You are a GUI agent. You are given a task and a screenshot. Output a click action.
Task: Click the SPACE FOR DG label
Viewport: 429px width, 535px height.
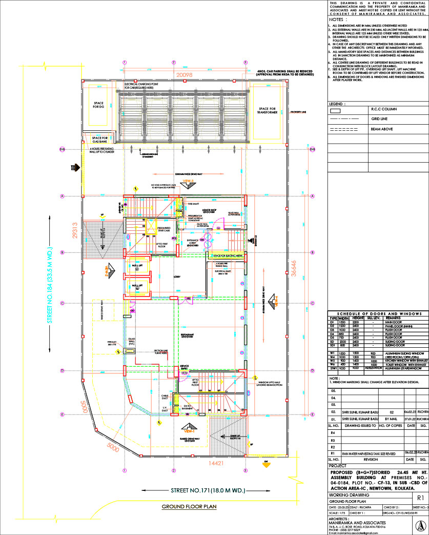99,106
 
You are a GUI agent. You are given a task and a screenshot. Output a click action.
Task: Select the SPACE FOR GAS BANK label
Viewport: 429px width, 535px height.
99,139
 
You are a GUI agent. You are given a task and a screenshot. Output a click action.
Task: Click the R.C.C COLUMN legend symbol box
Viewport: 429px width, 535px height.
337,110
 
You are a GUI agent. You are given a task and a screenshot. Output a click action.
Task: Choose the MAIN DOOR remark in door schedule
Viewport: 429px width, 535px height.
395,322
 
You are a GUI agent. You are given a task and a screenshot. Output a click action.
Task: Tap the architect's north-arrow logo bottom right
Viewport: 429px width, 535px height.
419,526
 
